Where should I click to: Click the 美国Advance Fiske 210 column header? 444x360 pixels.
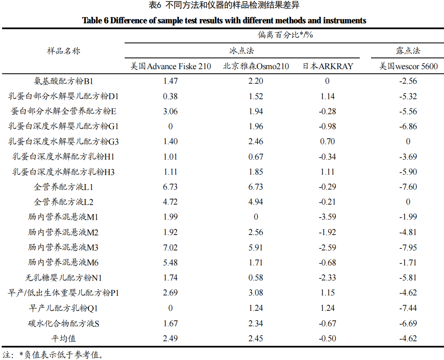click(x=171, y=66)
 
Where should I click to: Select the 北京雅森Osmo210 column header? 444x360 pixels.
click(x=256, y=66)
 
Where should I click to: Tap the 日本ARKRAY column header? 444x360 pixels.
click(x=327, y=66)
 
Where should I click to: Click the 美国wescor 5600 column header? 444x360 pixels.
click(x=408, y=66)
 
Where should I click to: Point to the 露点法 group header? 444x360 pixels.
click(x=408, y=51)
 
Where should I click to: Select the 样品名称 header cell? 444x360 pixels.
click(x=63, y=51)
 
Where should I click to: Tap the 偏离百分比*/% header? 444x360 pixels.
click(x=285, y=35)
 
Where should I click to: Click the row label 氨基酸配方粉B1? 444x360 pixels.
click(x=63, y=81)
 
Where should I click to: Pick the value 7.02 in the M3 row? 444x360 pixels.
click(x=171, y=247)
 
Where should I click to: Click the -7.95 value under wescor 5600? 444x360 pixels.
click(x=408, y=247)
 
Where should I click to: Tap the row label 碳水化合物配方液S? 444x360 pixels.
click(x=63, y=323)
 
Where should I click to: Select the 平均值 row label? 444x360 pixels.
click(x=63, y=338)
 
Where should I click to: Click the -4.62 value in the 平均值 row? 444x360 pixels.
click(x=408, y=338)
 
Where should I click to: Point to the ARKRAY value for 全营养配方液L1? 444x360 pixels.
click(x=327, y=187)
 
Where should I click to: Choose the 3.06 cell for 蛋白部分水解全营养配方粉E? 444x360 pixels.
click(x=171, y=111)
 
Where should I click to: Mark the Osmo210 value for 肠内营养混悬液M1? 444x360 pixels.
click(x=256, y=217)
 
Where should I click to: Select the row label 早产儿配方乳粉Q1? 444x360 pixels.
click(x=63, y=308)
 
